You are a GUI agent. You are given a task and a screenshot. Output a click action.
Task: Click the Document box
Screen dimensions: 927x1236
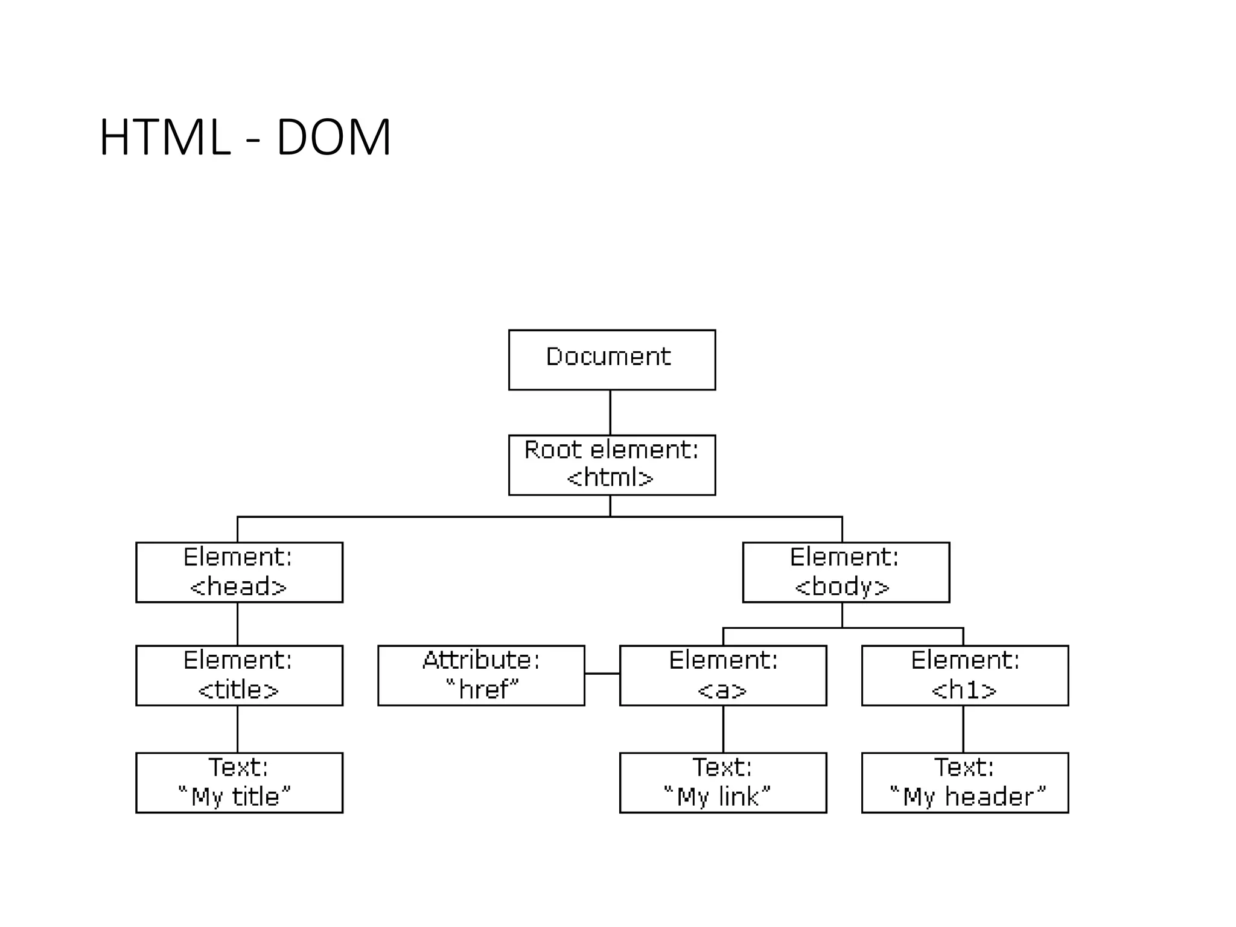pos(611,360)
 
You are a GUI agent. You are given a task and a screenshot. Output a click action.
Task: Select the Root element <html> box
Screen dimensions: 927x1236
pos(611,465)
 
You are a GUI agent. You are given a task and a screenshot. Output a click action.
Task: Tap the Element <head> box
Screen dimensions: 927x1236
pos(239,572)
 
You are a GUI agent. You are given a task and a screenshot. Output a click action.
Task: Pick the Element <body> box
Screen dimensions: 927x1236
pos(846,572)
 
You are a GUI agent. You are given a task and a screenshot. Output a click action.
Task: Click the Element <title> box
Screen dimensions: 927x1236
pos(239,675)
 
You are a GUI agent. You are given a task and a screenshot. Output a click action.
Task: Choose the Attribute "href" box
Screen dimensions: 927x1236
pos(481,675)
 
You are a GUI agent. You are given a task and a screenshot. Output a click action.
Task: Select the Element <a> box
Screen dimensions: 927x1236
pos(722,675)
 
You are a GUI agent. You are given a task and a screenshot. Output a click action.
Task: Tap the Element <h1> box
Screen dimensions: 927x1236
pos(964,675)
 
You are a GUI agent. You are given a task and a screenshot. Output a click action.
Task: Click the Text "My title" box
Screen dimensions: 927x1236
pos(239,782)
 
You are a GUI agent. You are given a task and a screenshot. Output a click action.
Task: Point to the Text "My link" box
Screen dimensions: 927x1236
pos(722,782)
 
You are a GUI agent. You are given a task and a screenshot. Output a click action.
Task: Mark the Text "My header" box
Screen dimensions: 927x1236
pos(964,782)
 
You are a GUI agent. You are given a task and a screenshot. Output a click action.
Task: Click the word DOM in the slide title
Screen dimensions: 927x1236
pos(334,138)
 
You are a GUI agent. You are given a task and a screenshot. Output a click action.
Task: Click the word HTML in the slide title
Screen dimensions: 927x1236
pos(165,138)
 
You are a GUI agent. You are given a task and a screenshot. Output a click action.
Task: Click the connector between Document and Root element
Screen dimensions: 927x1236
pos(610,412)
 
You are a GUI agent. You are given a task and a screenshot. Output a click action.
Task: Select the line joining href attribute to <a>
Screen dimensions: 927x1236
pos(602,674)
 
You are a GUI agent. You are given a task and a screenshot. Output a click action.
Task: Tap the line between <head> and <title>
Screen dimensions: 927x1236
pos(237,624)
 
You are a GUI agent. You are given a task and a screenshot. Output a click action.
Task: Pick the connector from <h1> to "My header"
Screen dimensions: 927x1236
pos(963,729)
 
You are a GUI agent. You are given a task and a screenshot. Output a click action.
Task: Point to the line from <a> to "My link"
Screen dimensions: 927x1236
pos(723,729)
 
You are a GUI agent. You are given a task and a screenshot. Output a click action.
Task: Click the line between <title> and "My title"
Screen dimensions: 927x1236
pos(237,729)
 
